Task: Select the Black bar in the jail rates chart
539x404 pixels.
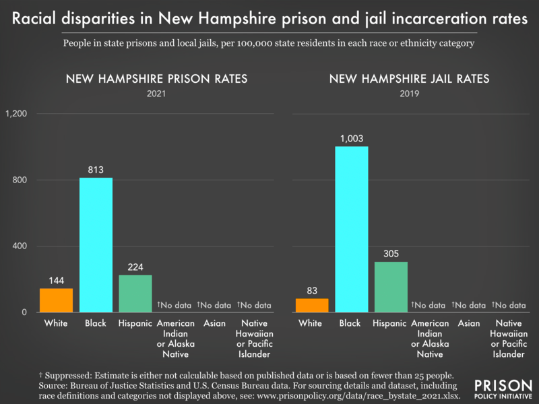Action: tap(352, 229)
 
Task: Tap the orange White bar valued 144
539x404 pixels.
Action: tap(56, 300)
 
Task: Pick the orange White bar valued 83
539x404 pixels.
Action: tap(312, 305)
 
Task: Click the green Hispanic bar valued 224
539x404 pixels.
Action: tap(135, 294)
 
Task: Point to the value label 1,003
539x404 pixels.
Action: tap(352, 139)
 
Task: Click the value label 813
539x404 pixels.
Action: tap(96, 170)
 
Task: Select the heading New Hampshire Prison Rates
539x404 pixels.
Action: tap(156, 79)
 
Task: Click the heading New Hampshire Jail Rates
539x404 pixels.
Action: tap(409, 79)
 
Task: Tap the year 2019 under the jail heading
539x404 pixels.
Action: tap(409, 94)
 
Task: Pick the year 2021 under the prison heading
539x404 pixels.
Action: tap(156, 94)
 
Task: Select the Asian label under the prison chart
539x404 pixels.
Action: tap(214, 324)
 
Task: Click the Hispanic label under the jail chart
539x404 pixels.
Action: tap(391, 324)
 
